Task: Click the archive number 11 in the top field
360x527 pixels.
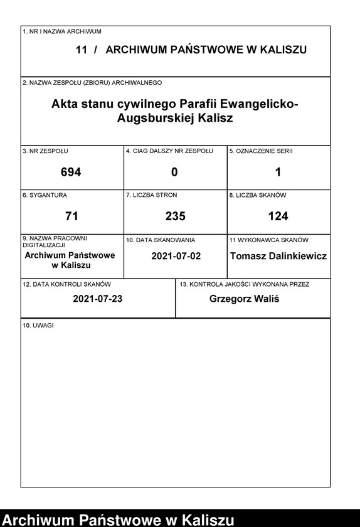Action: pos(82,50)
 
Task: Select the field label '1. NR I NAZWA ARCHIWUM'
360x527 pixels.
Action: pos(62,31)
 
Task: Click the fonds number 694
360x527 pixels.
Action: pos(71,172)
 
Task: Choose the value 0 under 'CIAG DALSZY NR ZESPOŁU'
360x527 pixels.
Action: pos(174,172)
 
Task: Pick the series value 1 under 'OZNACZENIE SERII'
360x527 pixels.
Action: pos(278,172)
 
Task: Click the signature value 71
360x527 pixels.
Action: pos(71,216)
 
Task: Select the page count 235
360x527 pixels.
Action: pos(175,216)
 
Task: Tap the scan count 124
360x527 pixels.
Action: pos(278,216)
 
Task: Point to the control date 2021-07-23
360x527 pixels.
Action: pos(97,299)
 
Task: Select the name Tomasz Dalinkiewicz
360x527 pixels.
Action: pos(278,256)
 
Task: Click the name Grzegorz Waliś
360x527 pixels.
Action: pos(245,299)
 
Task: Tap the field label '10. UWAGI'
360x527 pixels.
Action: pos(38,326)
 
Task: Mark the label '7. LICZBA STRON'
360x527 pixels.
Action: pos(151,196)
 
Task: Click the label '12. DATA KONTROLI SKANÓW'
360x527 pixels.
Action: pos(66,284)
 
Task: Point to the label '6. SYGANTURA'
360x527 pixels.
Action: pos(45,196)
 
